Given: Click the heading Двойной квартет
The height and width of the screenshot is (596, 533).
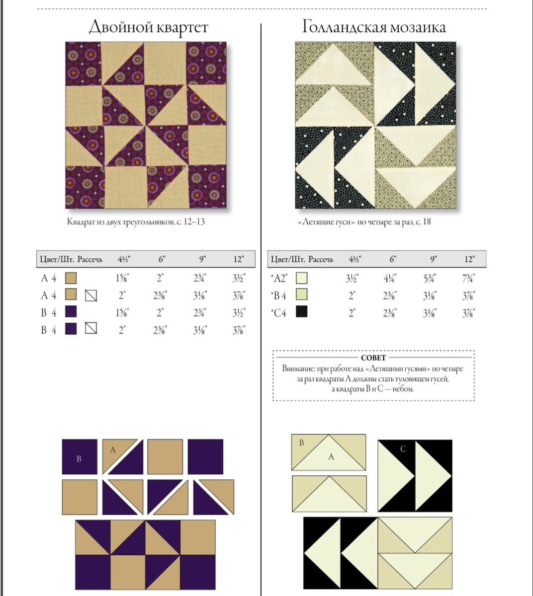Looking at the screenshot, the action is tap(149, 27).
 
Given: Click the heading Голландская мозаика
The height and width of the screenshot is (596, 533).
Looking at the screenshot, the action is tap(374, 27).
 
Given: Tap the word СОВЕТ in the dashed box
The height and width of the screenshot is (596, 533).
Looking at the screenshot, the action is tap(373, 358).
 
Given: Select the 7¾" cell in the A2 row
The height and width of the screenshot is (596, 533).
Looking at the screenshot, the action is tap(468, 278).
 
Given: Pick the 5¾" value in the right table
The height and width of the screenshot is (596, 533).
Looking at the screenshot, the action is tap(430, 278).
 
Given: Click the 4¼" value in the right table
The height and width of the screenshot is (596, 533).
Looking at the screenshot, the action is tap(390, 278).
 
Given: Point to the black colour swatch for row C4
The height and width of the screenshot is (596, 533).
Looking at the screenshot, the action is tap(301, 311).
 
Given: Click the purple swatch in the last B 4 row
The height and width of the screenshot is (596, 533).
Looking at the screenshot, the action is tap(71, 329).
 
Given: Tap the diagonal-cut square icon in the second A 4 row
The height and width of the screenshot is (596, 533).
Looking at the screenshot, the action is tap(91, 296).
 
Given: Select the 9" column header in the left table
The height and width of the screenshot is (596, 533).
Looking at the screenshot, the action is tap(202, 259).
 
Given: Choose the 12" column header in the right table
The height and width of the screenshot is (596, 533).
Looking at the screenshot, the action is tap(470, 259).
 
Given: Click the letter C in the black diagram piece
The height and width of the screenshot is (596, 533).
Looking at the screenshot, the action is tap(403, 449).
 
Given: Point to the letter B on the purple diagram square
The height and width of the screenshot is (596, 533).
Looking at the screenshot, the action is tap(79, 459).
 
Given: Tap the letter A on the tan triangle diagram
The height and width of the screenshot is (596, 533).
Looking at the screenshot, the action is tap(112, 450).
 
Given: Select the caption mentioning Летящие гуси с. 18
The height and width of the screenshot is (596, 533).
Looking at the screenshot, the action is tap(364, 222).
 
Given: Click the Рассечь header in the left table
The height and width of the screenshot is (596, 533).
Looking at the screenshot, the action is tap(90, 259).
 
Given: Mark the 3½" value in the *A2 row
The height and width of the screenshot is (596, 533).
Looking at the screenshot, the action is tap(352, 278).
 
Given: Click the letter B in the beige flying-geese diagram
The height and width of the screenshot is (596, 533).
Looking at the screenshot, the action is tap(301, 443).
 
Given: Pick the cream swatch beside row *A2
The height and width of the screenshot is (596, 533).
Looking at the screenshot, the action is tap(301, 278).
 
